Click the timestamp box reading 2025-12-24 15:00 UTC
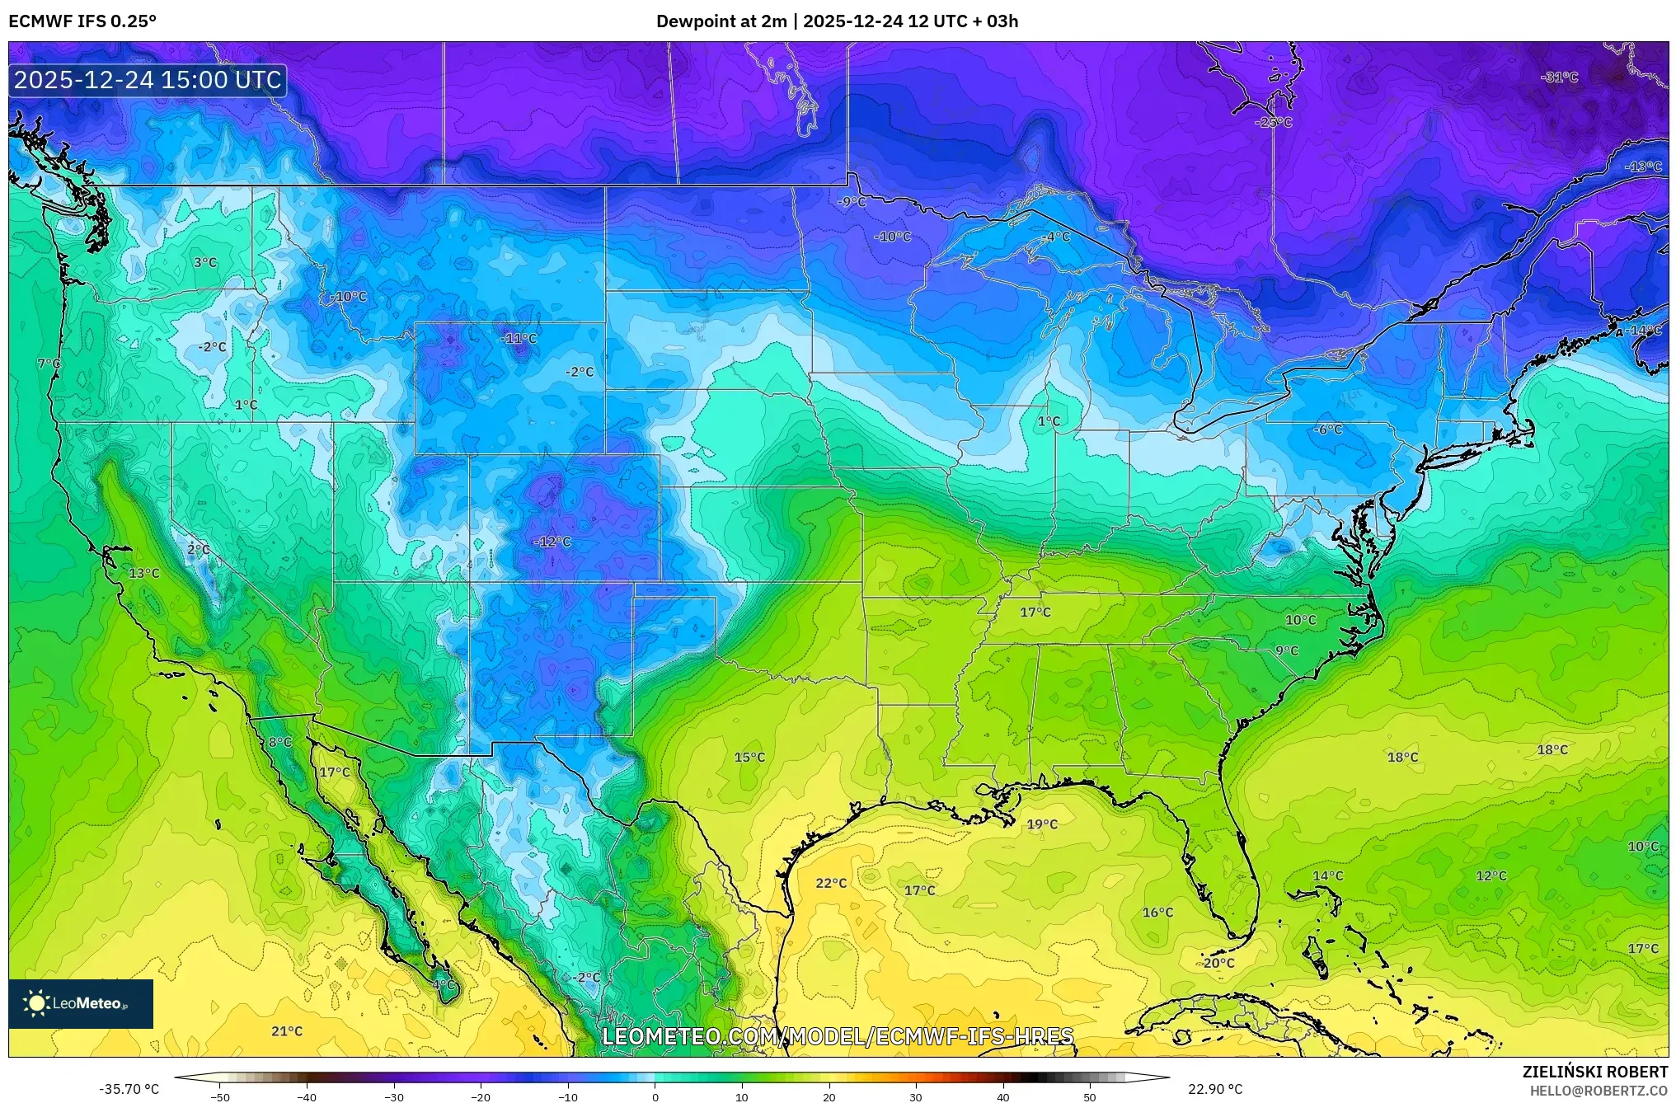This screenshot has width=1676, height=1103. tap(148, 80)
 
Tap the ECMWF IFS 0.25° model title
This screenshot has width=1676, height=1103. tap(82, 21)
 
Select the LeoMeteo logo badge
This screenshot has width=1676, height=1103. tap(81, 1003)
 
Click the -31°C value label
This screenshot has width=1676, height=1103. tap(1559, 77)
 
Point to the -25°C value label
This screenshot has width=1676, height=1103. tap(1274, 122)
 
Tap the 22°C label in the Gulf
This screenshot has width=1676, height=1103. tap(831, 883)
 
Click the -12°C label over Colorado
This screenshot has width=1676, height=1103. tap(552, 542)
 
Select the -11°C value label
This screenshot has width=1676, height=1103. tap(519, 338)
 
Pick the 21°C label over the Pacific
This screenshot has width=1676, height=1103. tap(287, 1031)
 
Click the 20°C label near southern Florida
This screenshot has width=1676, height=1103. tap(1218, 963)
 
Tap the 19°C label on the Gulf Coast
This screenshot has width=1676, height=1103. tap(1042, 824)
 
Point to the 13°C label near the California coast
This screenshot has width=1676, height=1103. tap(144, 573)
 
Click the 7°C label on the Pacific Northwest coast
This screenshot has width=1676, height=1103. tap(49, 364)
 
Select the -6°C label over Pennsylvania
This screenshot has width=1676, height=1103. tap(1328, 429)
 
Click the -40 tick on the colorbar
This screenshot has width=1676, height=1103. tap(307, 1096)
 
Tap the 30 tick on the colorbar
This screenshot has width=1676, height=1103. tap(916, 1096)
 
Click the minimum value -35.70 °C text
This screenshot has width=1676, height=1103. tap(129, 1089)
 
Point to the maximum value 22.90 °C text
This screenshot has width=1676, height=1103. tap(1215, 1089)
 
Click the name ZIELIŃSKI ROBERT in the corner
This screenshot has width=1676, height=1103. tap(1594, 1072)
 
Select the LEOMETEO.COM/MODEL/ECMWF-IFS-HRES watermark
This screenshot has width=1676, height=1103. tap(838, 1036)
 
